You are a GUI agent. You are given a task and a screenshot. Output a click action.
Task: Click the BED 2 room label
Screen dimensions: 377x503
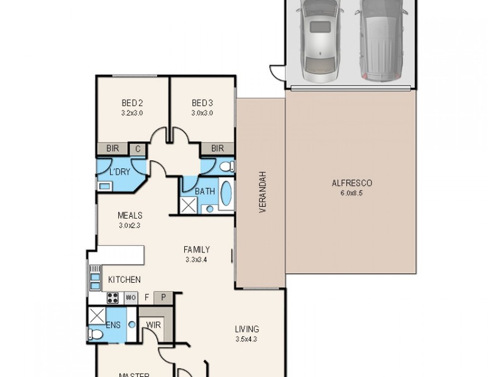click(132, 103)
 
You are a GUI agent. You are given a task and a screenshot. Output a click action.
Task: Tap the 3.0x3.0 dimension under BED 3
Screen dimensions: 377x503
click(202, 113)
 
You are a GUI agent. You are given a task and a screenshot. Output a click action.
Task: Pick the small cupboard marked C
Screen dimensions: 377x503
click(137, 149)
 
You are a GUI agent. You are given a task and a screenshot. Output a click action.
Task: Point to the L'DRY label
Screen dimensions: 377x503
click(120, 172)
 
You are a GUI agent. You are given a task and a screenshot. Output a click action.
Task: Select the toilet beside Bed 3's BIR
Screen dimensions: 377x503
click(226, 167)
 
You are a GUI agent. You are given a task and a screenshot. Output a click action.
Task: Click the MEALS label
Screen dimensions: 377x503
click(130, 216)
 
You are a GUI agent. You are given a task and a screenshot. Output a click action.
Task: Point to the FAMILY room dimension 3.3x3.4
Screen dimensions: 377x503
click(197, 260)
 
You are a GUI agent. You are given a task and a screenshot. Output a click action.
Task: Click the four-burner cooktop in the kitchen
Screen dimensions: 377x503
click(113, 298)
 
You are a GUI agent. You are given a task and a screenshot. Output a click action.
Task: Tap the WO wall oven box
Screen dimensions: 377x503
click(131, 298)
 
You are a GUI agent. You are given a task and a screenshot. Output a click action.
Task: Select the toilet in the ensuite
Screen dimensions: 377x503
click(95, 334)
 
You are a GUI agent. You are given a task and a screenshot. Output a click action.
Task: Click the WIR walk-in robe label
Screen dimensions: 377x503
click(152, 325)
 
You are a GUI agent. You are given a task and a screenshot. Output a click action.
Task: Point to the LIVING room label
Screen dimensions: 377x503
click(246, 329)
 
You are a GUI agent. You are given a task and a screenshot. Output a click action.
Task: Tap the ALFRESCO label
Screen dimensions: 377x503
click(352, 183)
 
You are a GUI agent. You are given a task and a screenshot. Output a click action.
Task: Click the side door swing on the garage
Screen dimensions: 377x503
click(277, 72)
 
